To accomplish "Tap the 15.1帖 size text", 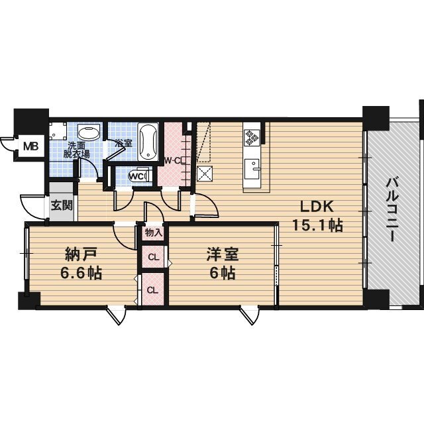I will tap(317, 225).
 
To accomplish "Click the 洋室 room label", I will tap(221, 254).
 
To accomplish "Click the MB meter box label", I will tap(30, 146).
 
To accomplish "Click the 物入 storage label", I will tap(152, 233).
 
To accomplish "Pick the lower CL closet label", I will tap(152, 290).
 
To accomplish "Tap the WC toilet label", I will tap(138, 176).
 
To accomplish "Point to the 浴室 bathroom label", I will tap(123, 143).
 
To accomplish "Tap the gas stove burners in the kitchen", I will tap(252, 136).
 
